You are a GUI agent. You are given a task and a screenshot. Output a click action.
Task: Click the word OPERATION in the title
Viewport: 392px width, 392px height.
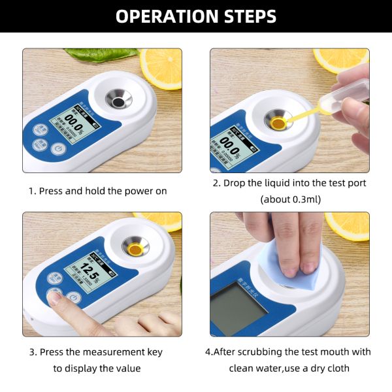[x=163, y=16]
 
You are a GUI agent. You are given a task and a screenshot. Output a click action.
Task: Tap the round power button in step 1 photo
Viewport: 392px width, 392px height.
[x=57, y=150]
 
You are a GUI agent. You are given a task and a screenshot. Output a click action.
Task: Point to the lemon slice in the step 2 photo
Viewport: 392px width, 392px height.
[x=342, y=59]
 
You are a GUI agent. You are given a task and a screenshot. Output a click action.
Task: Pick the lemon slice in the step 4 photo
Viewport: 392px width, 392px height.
[x=349, y=225]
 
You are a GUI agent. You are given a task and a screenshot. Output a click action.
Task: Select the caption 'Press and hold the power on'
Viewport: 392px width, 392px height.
[x=98, y=191]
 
